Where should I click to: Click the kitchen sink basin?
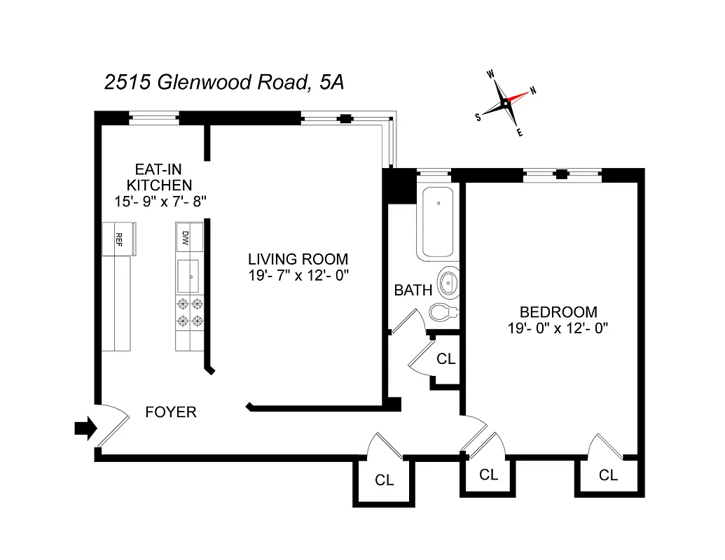click(189, 276)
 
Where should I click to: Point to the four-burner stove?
click(189, 313)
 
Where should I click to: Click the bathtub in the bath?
click(438, 223)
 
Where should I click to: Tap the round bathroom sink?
click(448, 283)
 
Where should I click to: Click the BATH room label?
click(413, 290)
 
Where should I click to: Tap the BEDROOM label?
click(558, 312)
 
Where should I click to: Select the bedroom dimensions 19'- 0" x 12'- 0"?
click(558, 328)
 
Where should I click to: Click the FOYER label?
click(171, 412)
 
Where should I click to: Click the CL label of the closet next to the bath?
click(446, 359)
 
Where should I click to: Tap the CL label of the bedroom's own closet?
click(608, 475)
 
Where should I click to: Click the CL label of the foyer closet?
click(384, 480)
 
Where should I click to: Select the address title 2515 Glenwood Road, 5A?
click(224, 83)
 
